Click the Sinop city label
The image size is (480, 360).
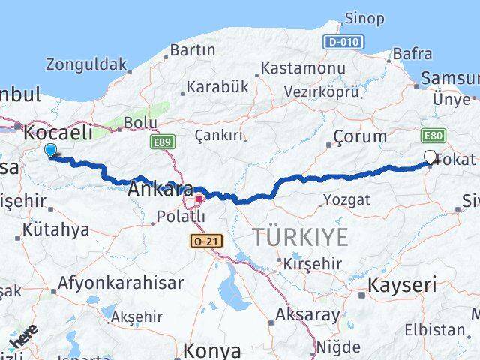[364, 18]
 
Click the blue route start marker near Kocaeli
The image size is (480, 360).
[50, 151]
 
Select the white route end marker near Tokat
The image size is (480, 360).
[430, 157]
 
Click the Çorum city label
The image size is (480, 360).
[361, 137]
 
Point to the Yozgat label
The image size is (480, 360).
[346, 199]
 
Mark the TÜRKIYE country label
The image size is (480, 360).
[300, 238]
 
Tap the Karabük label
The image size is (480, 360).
[217, 87]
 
